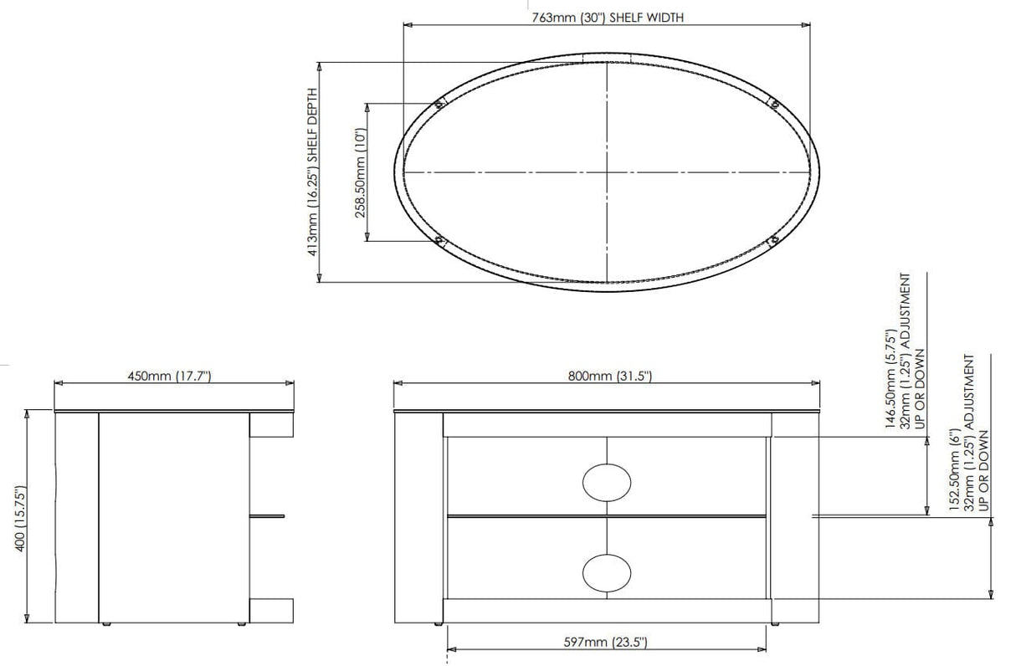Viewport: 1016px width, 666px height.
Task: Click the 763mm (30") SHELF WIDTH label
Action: tap(608, 17)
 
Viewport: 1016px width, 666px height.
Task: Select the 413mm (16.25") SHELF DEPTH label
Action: tap(313, 171)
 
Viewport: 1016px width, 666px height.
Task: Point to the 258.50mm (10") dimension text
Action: tap(360, 172)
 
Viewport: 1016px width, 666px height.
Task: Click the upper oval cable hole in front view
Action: tap(606, 482)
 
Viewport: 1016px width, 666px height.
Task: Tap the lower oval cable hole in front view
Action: tap(606, 572)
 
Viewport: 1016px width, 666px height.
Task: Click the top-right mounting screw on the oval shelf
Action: tap(774, 104)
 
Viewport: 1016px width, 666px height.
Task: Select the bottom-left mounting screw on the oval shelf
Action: tap(439, 242)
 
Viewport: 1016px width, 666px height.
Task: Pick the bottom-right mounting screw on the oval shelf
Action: tap(774, 242)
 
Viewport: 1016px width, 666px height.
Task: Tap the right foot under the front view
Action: tap(775, 625)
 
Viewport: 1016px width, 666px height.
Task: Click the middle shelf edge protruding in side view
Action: tap(267, 515)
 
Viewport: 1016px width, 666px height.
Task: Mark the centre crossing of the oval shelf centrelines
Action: tap(607, 172)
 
